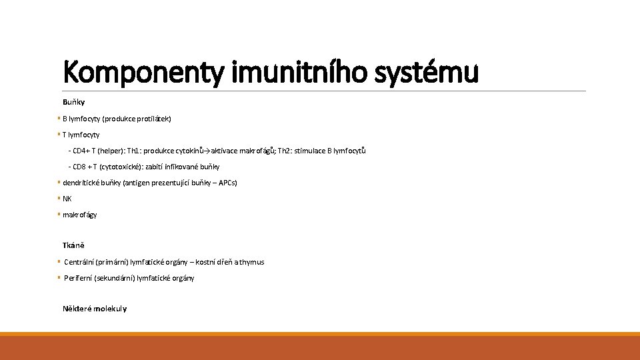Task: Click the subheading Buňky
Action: pyautogui.click(x=73, y=102)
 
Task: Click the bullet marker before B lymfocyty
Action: pyautogui.click(x=59, y=119)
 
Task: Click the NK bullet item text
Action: pyautogui.click(x=67, y=199)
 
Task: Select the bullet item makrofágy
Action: pyautogui.click(x=80, y=215)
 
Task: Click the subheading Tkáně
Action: pyautogui.click(x=73, y=245)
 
